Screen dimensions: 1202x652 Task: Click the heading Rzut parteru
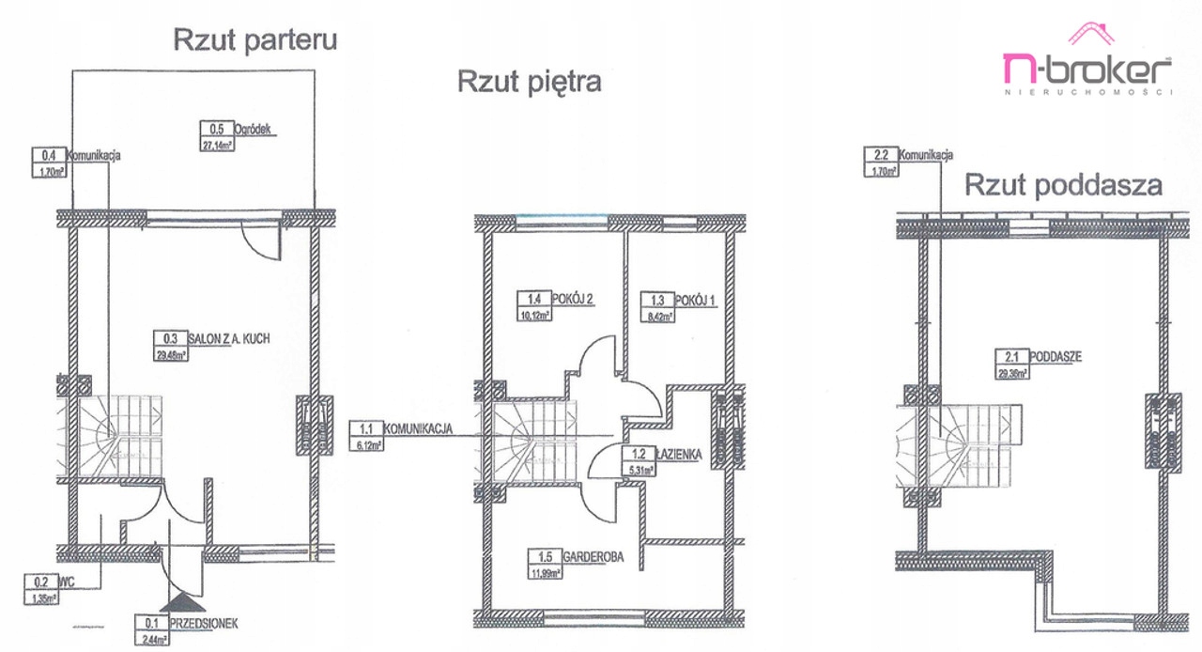point(254,40)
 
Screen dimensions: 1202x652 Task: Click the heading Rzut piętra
point(529,82)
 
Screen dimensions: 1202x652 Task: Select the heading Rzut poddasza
point(1063,185)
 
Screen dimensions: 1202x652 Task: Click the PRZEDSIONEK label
point(203,621)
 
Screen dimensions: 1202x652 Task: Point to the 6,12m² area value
point(366,445)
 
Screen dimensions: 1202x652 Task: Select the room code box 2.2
point(881,156)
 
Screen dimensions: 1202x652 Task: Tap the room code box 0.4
point(49,156)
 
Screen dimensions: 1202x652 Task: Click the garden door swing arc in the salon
point(262,241)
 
